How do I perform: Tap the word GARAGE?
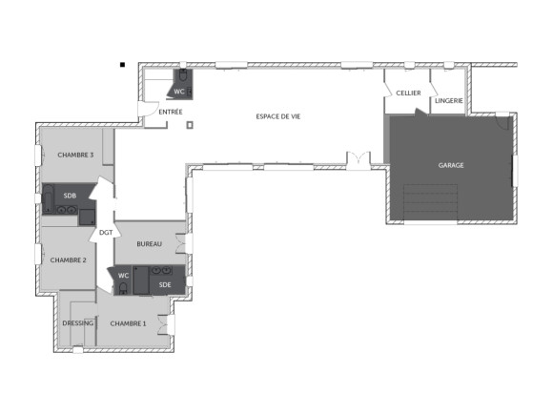[451, 165]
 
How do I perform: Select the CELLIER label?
[409, 93]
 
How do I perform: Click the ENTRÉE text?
[171, 112]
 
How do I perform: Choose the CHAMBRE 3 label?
[75, 155]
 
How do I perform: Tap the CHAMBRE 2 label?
[69, 259]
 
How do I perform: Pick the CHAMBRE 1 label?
[129, 323]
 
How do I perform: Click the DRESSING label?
[77, 323]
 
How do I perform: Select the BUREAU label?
[149, 244]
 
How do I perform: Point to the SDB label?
[70, 196]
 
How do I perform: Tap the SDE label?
[165, 284]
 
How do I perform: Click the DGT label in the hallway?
[105, 232]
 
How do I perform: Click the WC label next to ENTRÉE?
[178, 92]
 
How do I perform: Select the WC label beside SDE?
[123, 276]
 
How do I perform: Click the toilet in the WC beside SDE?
[124, 287]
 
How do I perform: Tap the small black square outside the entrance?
[123, 65]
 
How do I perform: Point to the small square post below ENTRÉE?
[189, 125]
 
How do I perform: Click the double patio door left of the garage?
[358, 159]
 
